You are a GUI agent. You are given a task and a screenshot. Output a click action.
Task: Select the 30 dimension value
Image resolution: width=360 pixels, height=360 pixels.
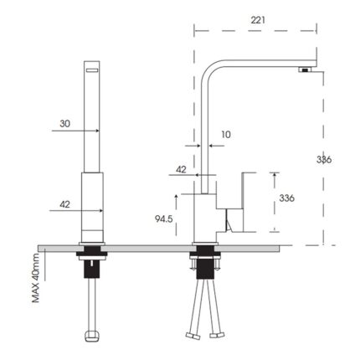coord(64,123)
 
